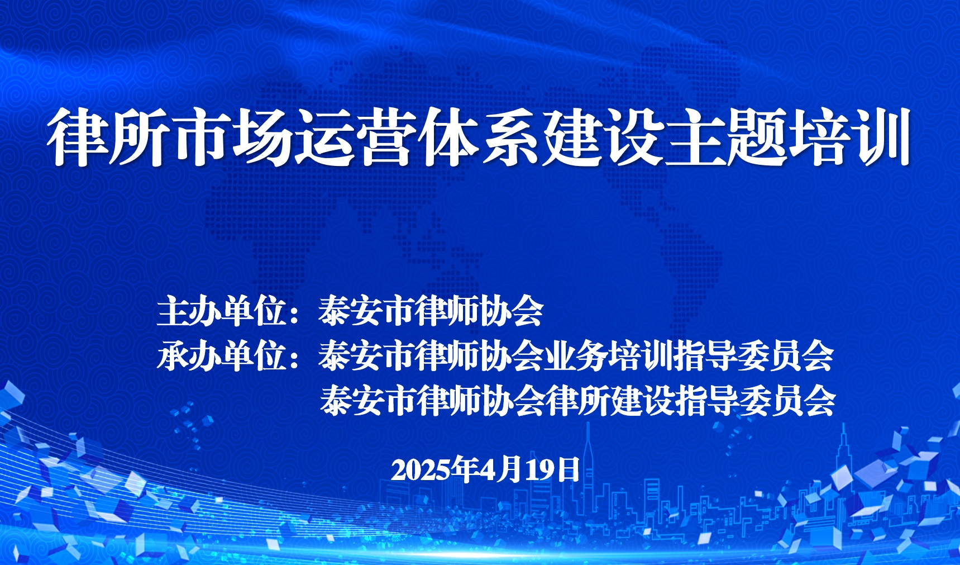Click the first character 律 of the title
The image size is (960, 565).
pos(77,137)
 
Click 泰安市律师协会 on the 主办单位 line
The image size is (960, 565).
pos(431,311)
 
